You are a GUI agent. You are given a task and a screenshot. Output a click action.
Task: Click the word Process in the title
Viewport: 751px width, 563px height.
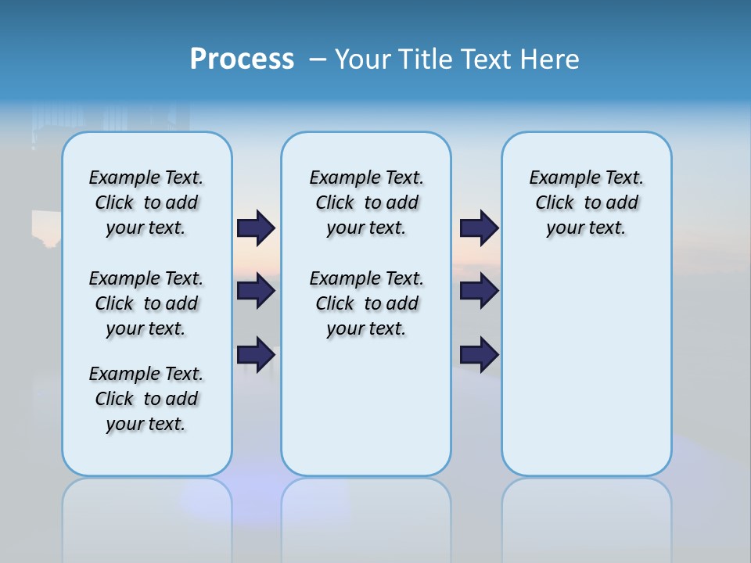coord(242,59)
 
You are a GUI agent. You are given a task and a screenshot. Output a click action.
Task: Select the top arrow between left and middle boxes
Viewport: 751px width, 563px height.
coord(256,228)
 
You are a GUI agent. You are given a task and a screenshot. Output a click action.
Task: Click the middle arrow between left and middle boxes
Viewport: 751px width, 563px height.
coord(256,291)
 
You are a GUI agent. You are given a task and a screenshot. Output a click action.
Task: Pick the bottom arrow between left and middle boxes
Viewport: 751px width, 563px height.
coord(256,354)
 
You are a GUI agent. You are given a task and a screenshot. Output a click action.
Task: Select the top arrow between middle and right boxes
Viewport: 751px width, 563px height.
coord(480,228)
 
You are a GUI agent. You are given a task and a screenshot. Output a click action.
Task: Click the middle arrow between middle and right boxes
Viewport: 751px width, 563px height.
coord(480,291)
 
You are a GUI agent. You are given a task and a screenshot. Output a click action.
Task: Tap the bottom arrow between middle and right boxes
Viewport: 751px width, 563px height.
coord(480,354)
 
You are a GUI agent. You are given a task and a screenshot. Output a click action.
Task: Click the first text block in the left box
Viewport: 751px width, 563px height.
coord(146,203)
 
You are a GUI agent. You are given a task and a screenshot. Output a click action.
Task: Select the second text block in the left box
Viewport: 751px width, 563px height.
coord(146,303)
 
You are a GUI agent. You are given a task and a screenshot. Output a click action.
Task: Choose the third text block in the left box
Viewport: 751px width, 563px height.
coord(146,399)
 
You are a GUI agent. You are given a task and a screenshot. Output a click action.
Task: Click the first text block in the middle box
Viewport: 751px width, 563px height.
coord(367,203)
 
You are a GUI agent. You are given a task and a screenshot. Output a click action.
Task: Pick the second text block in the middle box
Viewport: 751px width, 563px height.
coord(367,303)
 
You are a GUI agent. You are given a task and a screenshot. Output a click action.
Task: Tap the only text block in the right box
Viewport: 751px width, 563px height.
coord(587,203)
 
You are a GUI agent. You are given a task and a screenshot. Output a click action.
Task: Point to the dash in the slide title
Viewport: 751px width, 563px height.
coord(318,59)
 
